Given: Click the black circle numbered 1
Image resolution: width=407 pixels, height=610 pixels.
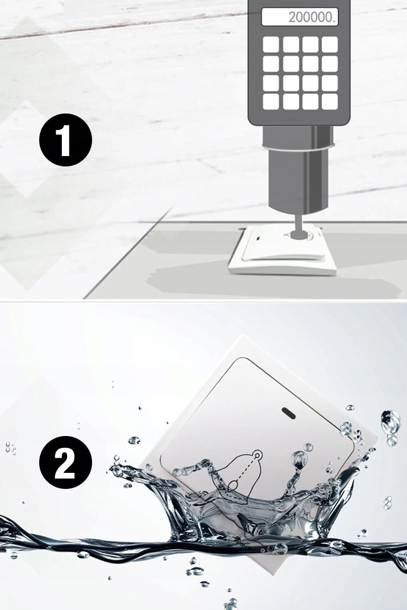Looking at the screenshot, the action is [x=66, y=140].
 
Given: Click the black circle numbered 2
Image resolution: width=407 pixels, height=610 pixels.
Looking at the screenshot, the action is [x=66, y=462].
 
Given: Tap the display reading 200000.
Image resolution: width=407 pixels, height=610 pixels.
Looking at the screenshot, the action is [x=300, y=17].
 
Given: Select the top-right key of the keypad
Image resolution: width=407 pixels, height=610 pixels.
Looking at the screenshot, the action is [x=330, y=44].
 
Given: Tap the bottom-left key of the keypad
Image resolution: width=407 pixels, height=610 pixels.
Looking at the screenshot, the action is [x=271, y=102].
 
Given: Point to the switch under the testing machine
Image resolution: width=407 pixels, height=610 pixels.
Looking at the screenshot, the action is [x=283, y=250].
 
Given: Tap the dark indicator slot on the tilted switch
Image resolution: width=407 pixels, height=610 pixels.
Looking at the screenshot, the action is [x=289, y=413].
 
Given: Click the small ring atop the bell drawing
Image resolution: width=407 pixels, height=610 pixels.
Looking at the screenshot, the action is [x=257, y=454].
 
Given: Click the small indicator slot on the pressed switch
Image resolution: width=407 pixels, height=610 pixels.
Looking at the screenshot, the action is [x=258, y=238].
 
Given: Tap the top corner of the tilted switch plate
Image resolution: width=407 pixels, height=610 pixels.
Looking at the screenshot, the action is [x=243, y=336].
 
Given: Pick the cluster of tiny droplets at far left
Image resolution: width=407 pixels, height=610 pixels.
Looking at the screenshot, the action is [x=10, y=448].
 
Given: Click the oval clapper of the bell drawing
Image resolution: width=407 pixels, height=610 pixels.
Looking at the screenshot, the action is [x=232, y=485].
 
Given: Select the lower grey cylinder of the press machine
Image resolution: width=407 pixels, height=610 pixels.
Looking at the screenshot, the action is [x=298, y=182].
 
